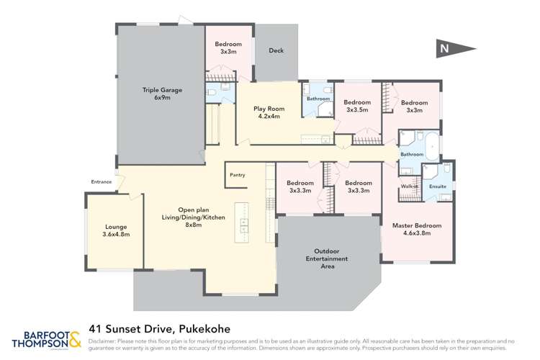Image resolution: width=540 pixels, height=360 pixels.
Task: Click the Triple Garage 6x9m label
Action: point(161,94)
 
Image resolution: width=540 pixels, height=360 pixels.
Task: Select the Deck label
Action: point(276,51)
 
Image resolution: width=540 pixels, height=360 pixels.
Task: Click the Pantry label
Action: point(238,175)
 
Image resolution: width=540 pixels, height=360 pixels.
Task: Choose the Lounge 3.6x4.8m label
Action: point(115,230)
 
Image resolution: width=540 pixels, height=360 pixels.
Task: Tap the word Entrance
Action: point(101,182)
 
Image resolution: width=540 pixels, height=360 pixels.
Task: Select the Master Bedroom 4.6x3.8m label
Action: point(416,230)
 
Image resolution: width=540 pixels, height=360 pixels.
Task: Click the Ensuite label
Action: point(437,186)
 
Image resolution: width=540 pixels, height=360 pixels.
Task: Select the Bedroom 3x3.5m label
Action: point(357,106)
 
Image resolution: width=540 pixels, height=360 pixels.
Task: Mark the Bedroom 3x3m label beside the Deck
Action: point(228,48)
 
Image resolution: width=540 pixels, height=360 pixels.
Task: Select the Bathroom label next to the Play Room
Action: point(318,99)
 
